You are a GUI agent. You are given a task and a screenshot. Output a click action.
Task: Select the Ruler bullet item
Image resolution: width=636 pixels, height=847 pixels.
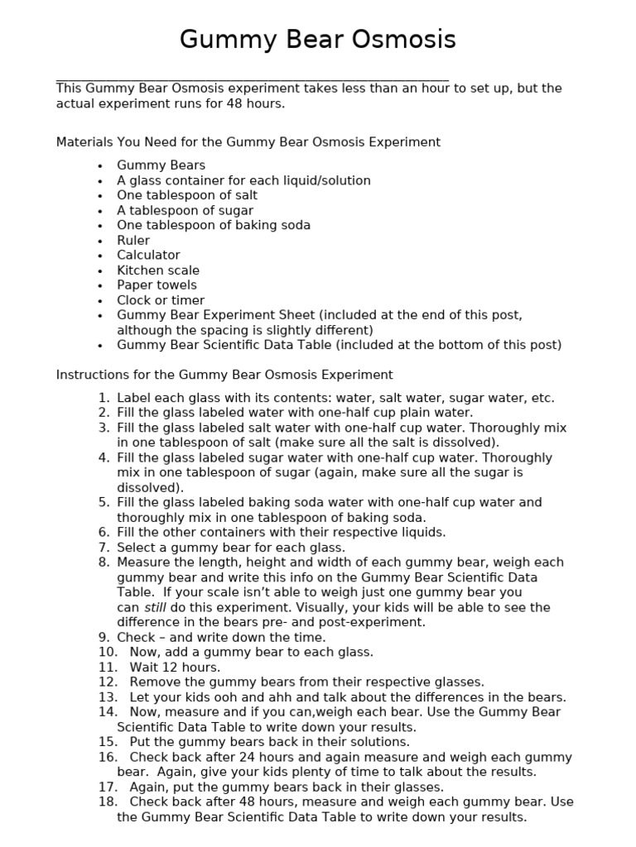[x=133, y=240]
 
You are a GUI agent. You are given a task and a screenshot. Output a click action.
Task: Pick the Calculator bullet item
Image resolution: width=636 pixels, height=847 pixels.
[x=148, y=255]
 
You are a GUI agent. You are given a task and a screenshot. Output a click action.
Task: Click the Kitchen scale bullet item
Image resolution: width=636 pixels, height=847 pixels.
[x=158, y=270]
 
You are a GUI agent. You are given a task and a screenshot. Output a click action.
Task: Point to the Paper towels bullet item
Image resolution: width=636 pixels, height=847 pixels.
[x=157, y=285]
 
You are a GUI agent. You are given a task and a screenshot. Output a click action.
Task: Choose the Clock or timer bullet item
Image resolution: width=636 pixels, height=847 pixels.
[x=161, y=300]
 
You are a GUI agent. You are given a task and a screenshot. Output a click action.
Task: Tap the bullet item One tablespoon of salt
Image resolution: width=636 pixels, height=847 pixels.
[x=187, y=195]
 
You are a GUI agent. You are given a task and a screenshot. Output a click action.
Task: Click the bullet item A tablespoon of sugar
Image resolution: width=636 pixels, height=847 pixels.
[x=185, y=210]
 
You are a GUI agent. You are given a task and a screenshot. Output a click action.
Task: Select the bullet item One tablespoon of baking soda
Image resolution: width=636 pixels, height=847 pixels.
[x=214, y=225]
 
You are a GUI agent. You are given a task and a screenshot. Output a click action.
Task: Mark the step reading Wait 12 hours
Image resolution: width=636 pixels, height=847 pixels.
[x=175, y=667]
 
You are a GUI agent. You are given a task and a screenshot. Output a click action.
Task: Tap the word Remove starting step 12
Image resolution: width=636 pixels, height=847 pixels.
[x=155, y=682]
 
